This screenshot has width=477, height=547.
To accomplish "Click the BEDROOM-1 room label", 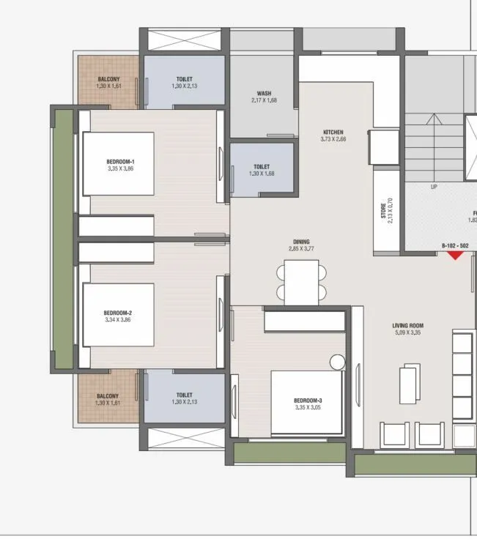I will pos(119,161).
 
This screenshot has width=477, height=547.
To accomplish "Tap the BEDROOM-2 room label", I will pos(118,313).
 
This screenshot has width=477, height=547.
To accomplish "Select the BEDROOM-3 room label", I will pos(308,401).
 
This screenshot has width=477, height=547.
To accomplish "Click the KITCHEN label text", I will pos(333,133).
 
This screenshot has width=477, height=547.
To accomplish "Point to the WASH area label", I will pos(265,94).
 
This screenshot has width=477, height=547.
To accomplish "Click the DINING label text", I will pos(301,242).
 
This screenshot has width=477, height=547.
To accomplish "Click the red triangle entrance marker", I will pos(456,255).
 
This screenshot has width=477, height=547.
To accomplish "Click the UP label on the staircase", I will pos(434,187).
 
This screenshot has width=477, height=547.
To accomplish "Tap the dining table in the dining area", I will pos(301,282).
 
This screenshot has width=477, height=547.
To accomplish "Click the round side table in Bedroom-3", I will pos(337,362).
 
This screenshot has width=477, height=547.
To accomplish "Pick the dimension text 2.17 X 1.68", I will pos(265,100).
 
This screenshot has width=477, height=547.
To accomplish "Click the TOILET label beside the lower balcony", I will pos(184,395).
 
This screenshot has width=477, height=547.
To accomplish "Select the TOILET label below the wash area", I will pos(262,167).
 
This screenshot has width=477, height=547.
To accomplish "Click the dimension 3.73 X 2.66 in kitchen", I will pos(333,139).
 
